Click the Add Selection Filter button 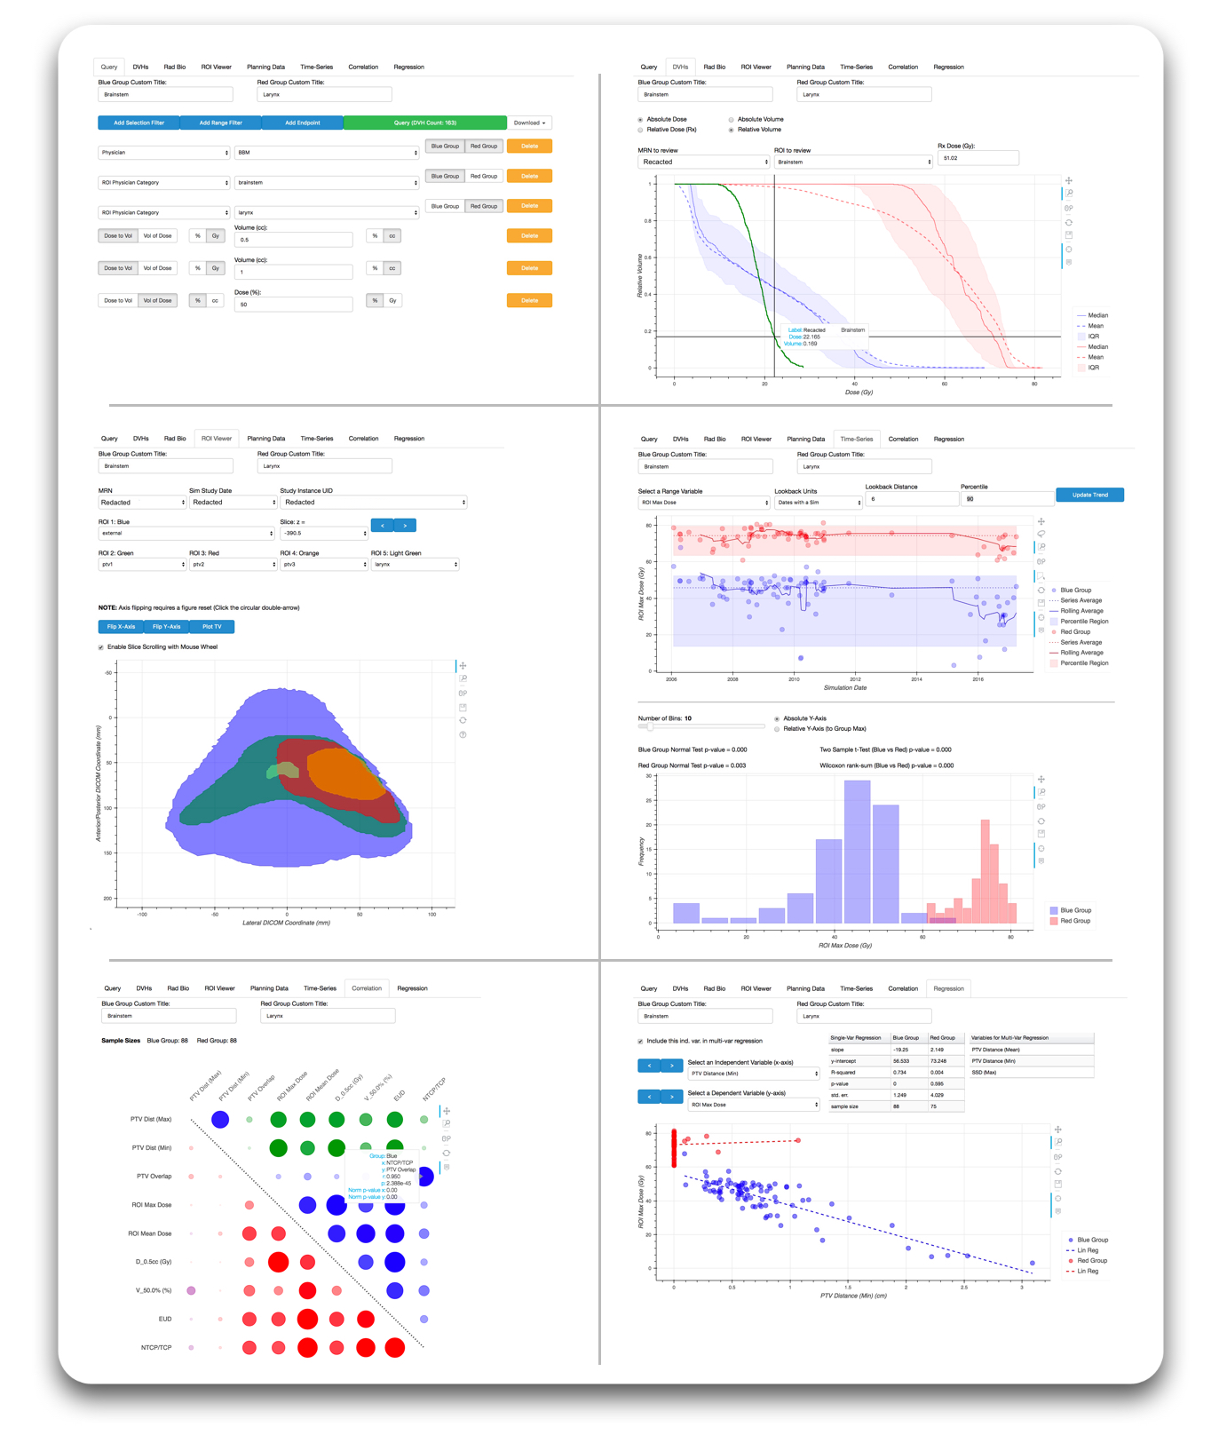coord(139,123)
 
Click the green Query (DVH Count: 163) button coord(424,123)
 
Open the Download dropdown coord(529,123)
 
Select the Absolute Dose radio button coord(640,119)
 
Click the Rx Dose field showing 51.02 coord(977,158)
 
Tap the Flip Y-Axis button coord(166,627)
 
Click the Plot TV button coord(211,627)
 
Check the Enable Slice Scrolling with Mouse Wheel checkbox coord(101,647)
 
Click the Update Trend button coord(1089,495)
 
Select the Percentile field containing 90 coord(1005,499)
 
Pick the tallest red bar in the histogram coord(985,870)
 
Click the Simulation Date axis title coord(845,688)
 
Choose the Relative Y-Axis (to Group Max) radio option coord(777,729)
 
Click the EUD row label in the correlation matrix coord(164,1319)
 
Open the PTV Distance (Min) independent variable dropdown coord(753,1074)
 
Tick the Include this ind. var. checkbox coord(640,1041)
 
